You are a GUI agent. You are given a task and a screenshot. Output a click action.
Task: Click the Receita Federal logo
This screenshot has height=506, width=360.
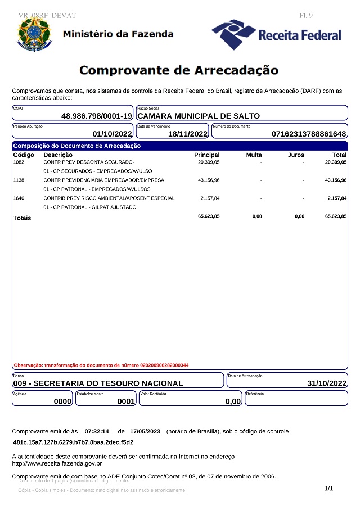(277, 35)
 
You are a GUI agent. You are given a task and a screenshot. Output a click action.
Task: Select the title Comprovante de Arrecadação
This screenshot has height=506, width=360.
(179, 70)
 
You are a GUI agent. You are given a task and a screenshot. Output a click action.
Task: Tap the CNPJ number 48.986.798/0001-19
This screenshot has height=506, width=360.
(97, 116)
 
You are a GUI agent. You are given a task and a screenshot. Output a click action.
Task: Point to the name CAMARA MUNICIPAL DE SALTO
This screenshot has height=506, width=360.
(199, 116)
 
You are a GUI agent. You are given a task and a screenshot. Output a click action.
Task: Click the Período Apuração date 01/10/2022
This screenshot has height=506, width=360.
(112, 134)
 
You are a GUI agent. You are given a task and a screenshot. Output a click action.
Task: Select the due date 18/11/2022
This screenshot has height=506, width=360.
(188, 134)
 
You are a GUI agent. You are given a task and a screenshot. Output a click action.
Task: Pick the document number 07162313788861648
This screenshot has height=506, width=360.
(309, 134)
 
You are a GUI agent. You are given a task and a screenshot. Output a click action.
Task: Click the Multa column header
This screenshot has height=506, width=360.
(254, 155)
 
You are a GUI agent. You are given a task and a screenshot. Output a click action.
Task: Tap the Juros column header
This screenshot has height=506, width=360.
(295, 155)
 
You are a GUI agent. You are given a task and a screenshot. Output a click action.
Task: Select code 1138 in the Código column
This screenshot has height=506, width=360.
(19, 180)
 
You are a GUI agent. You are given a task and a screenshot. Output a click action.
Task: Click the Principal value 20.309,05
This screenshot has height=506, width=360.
(209, 162)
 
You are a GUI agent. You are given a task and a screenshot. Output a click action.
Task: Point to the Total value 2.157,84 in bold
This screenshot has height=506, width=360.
(336, 198)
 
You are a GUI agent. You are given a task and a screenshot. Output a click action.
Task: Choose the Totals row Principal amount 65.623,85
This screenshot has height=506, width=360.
(209, 216)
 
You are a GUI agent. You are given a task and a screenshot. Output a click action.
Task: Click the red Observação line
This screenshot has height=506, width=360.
(101, 365)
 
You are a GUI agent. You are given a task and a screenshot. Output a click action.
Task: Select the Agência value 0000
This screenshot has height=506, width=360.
(62, 401)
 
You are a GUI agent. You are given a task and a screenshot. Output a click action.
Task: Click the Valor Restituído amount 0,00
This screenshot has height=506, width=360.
(233, 401)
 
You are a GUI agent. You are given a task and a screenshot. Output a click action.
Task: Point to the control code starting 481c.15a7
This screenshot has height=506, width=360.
(73, 442)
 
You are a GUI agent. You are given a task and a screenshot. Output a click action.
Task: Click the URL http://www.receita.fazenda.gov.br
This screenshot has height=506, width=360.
(57, 464)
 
